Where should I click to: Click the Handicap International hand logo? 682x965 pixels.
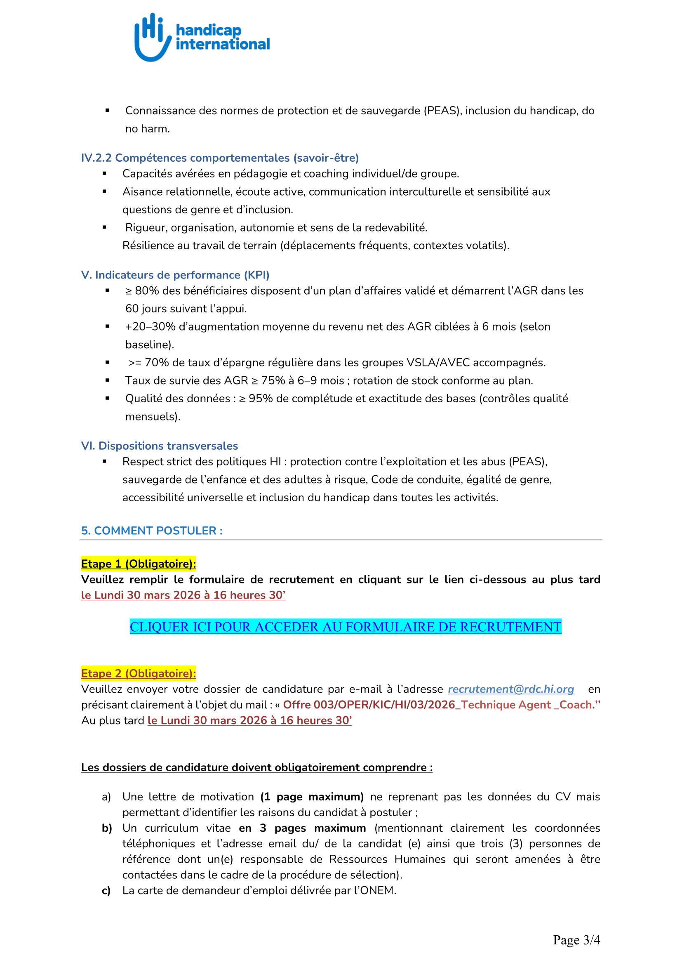click(x=153, y=38)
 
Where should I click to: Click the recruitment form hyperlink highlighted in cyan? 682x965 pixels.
click(x=345, y=627)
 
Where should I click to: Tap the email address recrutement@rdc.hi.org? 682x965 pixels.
click(x=510, y=689)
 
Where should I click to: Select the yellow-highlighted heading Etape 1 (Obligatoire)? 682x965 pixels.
click(x=139, y=564)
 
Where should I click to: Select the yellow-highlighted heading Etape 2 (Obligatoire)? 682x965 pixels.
click(x=139, y=673)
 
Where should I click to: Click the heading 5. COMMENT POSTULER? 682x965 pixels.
click(x=152, y=531)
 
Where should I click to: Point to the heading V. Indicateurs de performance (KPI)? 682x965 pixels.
click(x=175, y=275)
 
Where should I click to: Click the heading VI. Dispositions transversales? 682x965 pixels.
click(x=160, y=446)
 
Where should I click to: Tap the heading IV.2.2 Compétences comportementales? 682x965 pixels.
click(x=220, y=158)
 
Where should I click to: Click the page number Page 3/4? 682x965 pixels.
click(x=576, y=940)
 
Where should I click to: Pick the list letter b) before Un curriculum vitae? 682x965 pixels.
click(x=106, y=828)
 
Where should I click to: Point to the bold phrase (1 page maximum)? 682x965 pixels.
click(x=312, y=796)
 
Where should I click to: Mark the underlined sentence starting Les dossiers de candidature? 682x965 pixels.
click(x=256, y=767)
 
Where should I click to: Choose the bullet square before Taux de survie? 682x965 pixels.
click(x=108, y=380)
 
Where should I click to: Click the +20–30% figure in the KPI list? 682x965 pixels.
click(x=151, y=327)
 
